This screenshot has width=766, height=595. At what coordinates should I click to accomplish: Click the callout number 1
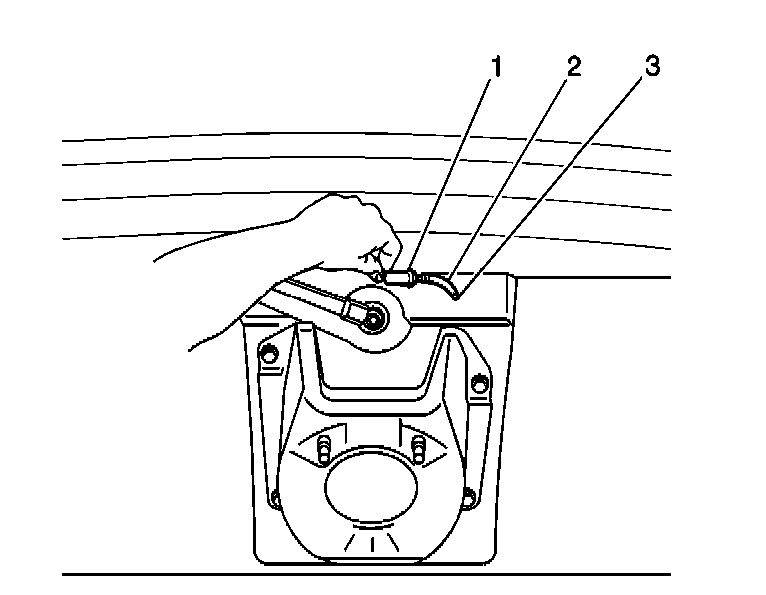pos(495,68)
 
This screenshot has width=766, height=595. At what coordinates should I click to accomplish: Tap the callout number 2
pos(573,68)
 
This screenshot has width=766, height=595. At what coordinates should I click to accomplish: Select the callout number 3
pos(651,68)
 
